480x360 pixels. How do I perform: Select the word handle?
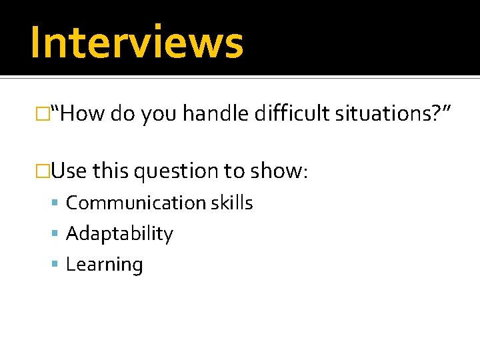pos(215,114)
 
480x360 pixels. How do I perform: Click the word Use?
pos(69,171)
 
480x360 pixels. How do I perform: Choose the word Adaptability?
pos(119,233)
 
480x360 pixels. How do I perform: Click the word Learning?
pos(105,265)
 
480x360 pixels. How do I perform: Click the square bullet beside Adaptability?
pos(56,234)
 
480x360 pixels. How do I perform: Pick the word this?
pos(111,171)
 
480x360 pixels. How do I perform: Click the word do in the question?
pos(123,114)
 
